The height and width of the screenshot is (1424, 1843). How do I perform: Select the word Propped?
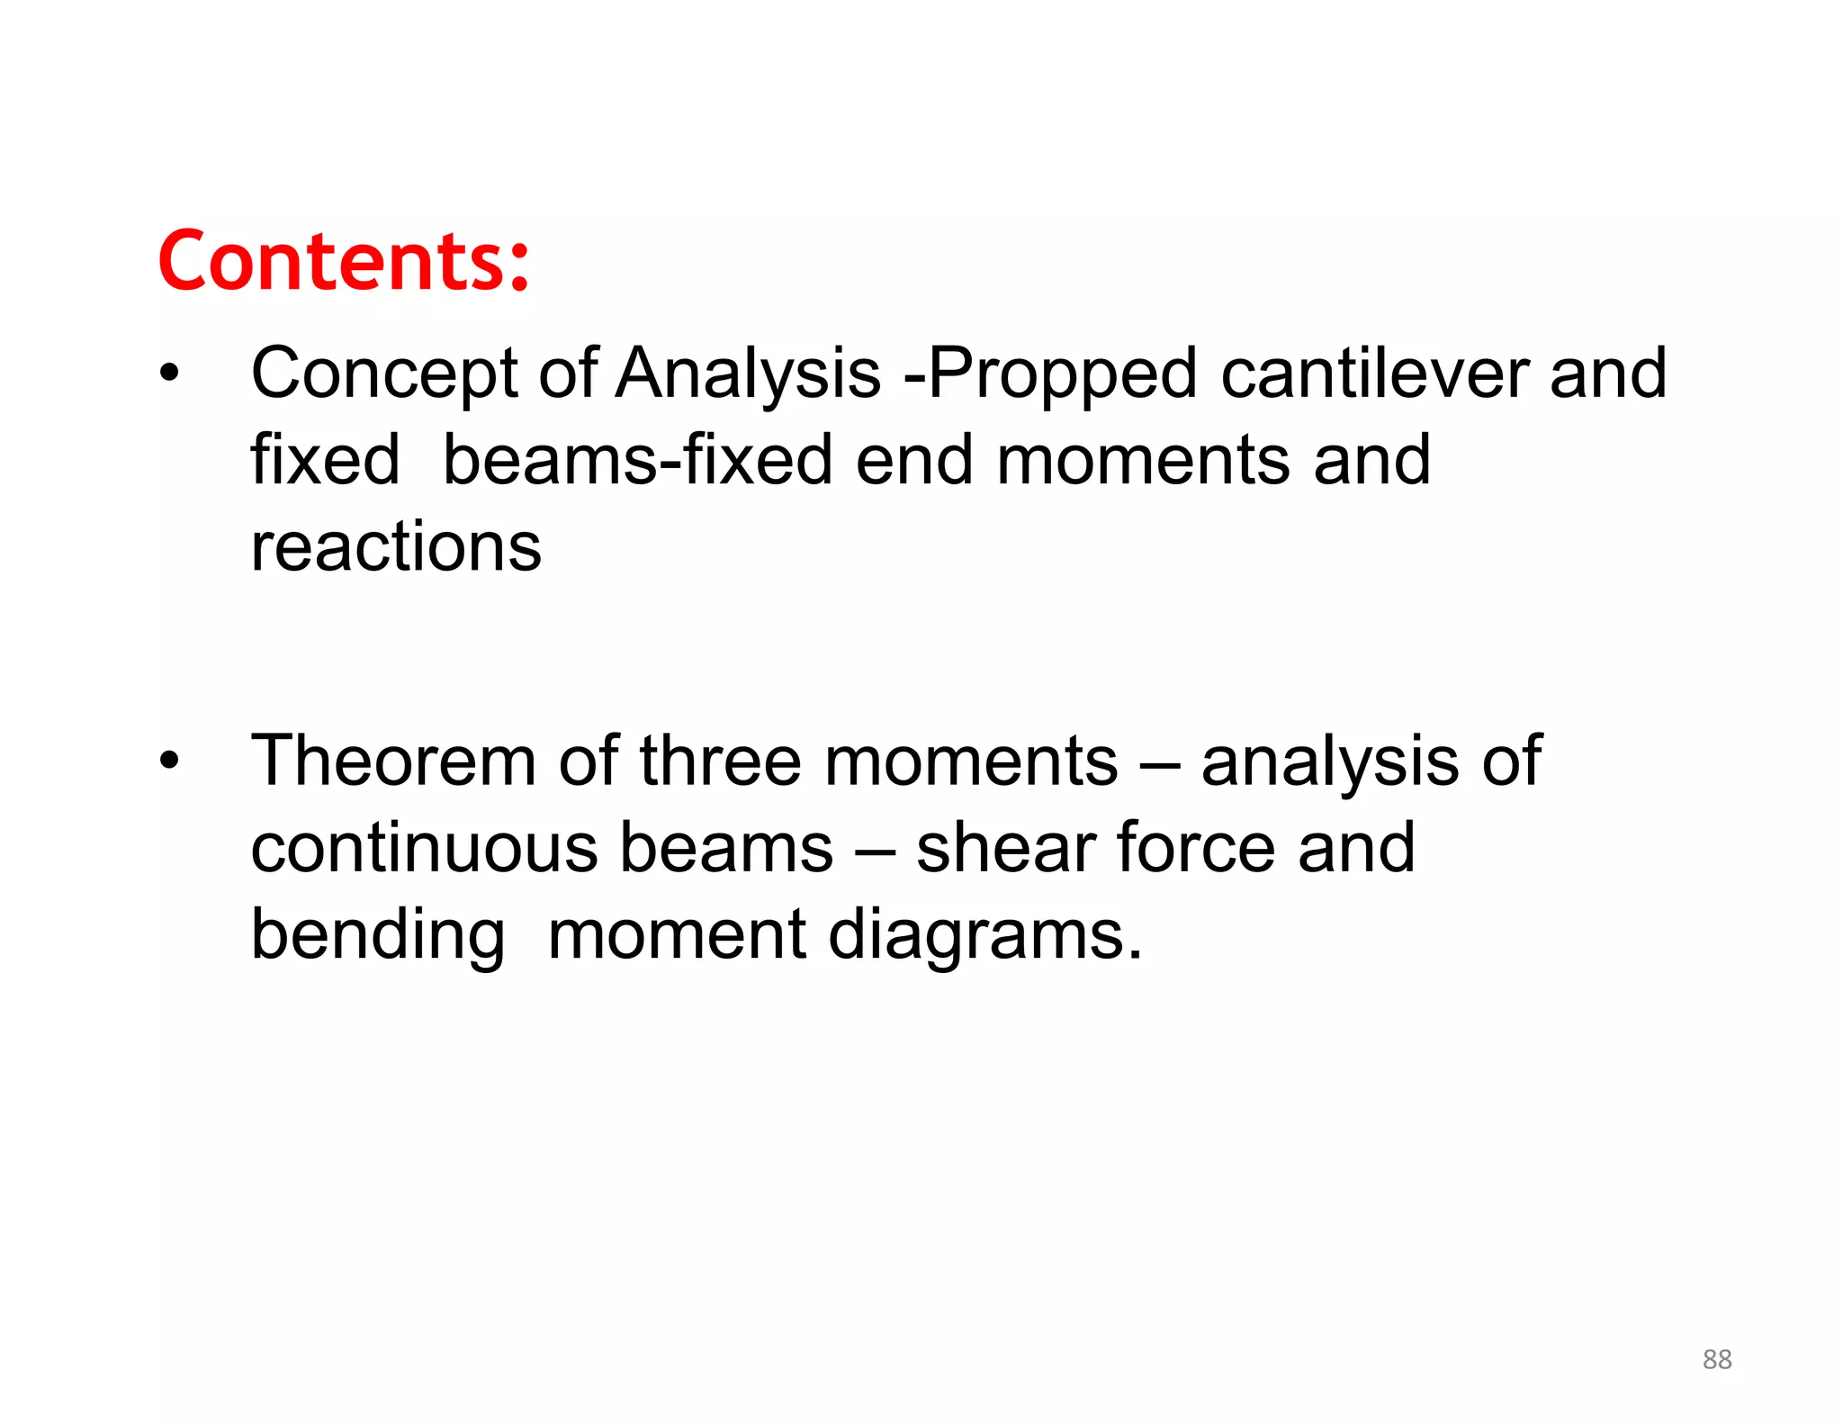[1062, 374]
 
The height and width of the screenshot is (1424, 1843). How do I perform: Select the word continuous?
[424, 848]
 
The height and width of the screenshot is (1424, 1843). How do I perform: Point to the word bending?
[377, 936]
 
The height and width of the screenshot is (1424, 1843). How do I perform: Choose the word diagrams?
[984, 936]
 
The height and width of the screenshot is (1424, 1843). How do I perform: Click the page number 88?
[1717, 1359]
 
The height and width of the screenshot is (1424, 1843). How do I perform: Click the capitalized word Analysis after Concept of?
[748, 374]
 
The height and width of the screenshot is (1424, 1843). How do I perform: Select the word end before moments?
[914, 460]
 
